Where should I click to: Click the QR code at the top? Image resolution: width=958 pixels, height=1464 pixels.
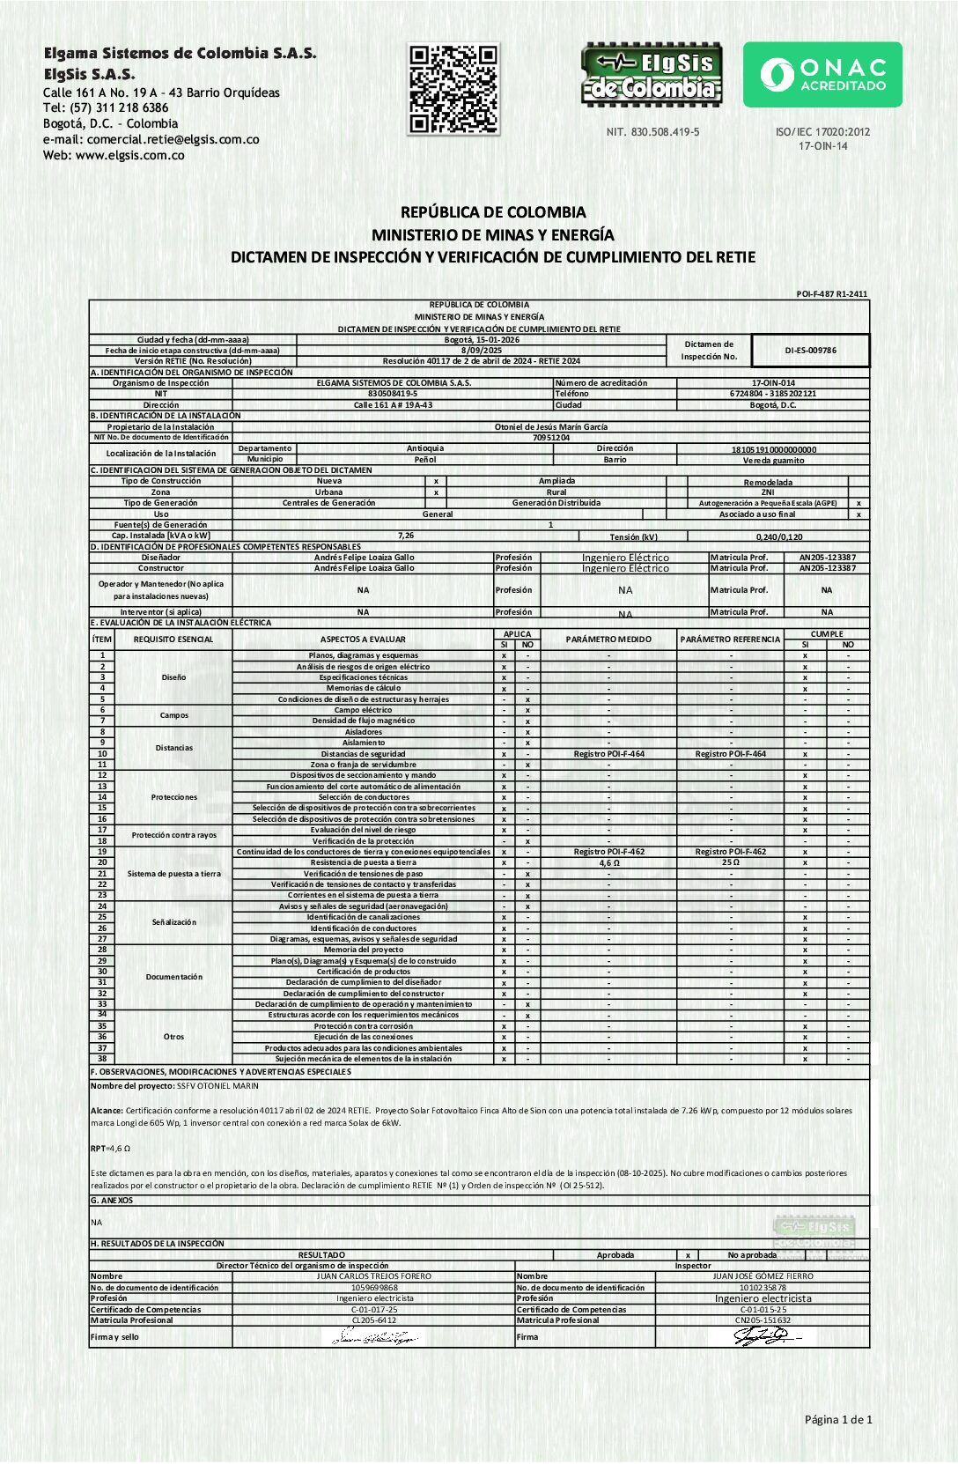(453, 89)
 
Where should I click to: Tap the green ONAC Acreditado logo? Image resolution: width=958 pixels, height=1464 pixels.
(822, 75)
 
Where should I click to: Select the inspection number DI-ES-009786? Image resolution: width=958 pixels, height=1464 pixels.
(810, 351)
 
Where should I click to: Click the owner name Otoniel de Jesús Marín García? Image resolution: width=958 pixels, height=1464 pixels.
(550, 427)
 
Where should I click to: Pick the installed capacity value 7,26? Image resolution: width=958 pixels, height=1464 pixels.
(405, 536)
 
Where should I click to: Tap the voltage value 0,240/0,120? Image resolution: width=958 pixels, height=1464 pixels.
(778, 536)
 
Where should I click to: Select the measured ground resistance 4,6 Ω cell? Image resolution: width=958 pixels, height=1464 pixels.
(608, 863)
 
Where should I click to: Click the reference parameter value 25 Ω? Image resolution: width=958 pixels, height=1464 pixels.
(730, 862)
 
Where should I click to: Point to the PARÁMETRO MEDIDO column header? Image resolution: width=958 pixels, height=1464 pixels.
(608, 640)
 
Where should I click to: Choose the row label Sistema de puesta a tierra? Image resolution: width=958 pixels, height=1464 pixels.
(173, 874)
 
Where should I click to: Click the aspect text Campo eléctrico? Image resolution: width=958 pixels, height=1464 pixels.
(363, 710)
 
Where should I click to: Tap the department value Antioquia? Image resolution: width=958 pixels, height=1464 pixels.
(425, 448)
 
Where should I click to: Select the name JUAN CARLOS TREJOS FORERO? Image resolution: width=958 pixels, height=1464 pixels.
(373, 1276)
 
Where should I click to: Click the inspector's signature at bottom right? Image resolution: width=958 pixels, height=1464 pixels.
(762, 1337)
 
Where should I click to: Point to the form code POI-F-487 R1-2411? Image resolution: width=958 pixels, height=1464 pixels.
(831, 294)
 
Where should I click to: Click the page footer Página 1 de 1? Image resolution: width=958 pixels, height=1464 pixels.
(837, 1419)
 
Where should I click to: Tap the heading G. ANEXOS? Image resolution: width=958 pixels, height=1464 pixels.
(112, 1201)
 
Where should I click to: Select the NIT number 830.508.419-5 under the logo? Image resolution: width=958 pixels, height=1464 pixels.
(652, 132)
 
